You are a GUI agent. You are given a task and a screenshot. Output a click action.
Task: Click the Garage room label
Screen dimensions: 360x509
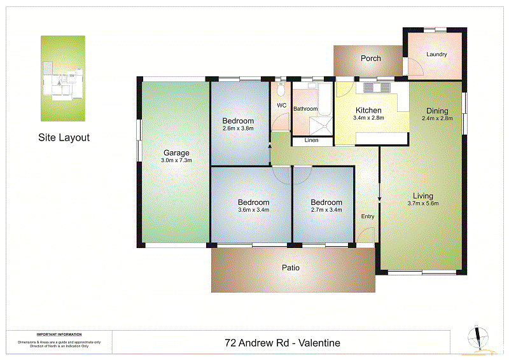tap(177, 153)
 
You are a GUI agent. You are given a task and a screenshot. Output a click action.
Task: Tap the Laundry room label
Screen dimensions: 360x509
tap(436, 55)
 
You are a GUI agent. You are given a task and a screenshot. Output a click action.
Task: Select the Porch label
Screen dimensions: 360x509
tap(370, 59)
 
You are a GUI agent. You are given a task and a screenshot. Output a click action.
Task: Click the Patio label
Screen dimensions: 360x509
tap(291, 268)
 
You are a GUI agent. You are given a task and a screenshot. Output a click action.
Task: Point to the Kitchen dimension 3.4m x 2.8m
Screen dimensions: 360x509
tap(368, 118)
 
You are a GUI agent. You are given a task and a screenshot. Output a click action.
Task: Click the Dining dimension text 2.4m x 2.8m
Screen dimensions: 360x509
tap(436, 118)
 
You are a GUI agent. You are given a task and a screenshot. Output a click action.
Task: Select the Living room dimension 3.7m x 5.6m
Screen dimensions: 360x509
tap(423, 204)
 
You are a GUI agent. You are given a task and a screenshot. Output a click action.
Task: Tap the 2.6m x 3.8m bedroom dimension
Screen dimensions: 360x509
tap(238, 128)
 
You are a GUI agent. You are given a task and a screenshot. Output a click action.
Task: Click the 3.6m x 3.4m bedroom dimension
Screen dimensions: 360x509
tap(253, 209)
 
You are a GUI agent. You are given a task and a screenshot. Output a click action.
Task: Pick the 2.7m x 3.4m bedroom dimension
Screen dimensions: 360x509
tap(326, 209)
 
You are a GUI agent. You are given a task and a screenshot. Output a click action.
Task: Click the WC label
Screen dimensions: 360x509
tap(281, 106)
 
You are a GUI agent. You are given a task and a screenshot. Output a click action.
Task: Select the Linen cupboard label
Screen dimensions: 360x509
tap(312, 140)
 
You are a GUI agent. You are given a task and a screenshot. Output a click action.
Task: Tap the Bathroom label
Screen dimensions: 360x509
tap(305, 109)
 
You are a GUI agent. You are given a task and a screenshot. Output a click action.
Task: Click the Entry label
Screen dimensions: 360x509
tap(368, 216)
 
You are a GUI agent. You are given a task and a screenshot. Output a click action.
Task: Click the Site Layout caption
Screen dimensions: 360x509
tap(64, 137)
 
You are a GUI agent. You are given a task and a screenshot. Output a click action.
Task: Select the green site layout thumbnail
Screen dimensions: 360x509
tap(63, 78)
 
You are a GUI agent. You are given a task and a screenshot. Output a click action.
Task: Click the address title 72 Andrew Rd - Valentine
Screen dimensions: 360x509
tap(282, 343)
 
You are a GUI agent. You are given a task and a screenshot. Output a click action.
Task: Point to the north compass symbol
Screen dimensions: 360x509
tap(477, 338)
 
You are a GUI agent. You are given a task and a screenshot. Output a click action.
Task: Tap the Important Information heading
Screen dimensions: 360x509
tap(59, 335)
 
